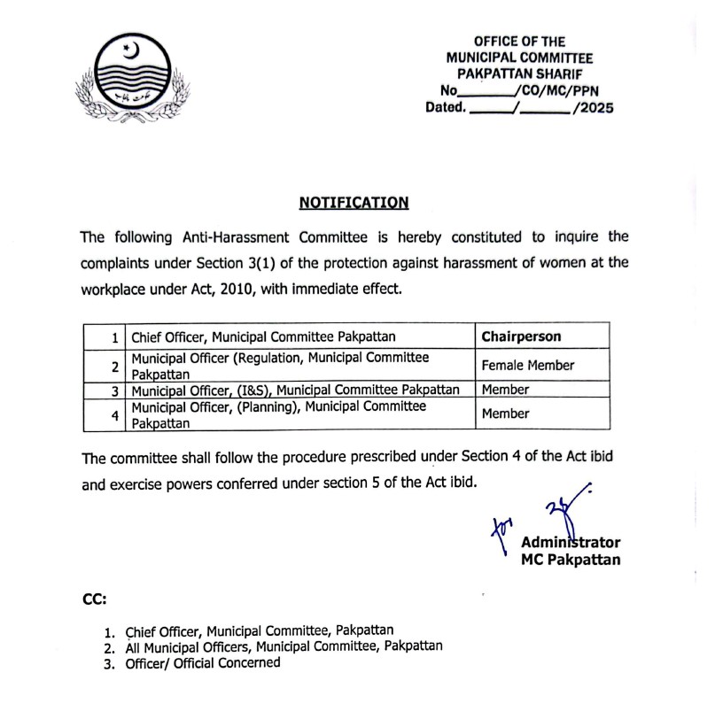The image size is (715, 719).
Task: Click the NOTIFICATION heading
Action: click(x=354, y=203)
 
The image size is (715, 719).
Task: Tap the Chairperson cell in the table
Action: click(x=521, y=336)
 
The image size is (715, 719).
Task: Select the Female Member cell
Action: click(x=527, y=365)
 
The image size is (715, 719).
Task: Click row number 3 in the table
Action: click(x=113, y=390)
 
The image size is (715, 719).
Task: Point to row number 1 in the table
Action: click(x=114, y=337)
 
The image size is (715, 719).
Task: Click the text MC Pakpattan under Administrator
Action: click(x=571, y=560)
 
